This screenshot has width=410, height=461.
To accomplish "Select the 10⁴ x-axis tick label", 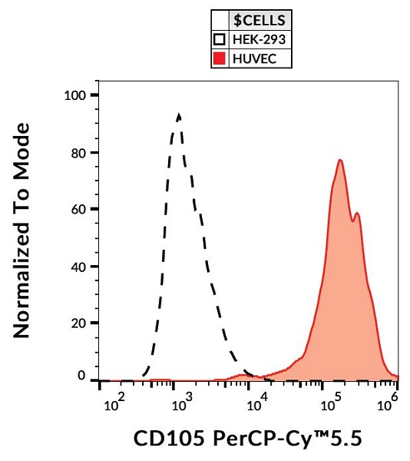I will (x=256, y=402).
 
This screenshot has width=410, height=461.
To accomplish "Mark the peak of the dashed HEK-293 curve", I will (x=179, y=115).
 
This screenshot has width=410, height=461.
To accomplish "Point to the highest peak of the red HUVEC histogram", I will (x=339, y=161).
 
